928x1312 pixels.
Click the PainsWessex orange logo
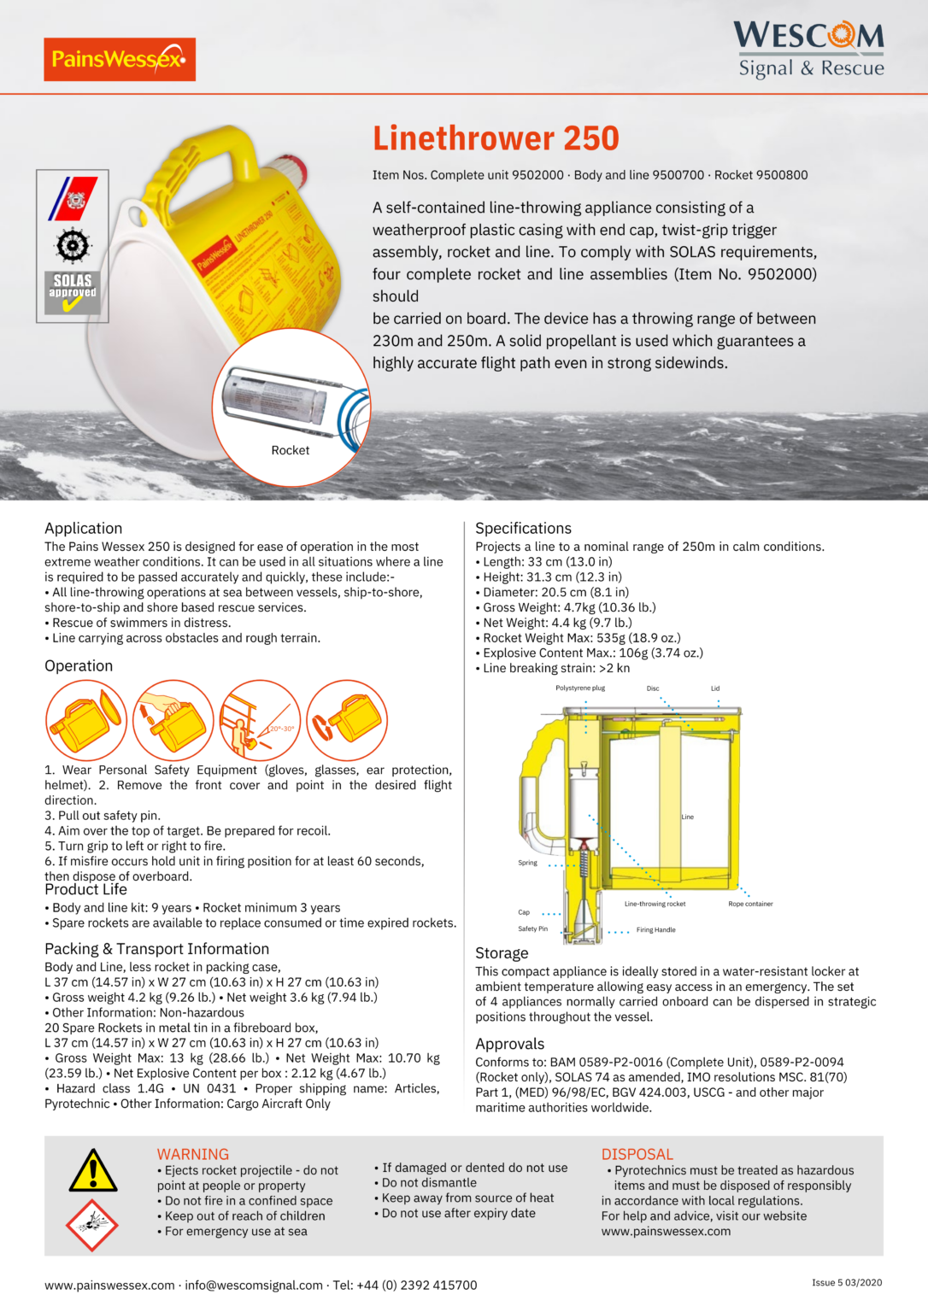pyautogui.click(x=120, y=59)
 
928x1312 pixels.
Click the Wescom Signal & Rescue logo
pyautogui.click(x=808, y=50)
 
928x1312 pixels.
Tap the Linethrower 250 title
pyautogui.click(x=496, y=138)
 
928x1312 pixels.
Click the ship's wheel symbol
pyautogui.click(x=73, y=246)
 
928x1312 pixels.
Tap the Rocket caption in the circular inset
pyautogui.click(x=291, y=450)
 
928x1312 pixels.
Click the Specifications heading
pyautogui.click(x=523, y=528)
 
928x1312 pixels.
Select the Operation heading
pyautogui.click(x=79, y=665)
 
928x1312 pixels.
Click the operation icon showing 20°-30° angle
pyautogui.click(x=260, y=720)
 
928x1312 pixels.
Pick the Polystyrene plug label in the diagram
pyautogui.click(x=579, y=688)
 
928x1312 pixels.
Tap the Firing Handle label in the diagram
pyautogui.click(x=655, y=929)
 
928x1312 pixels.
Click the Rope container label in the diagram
pyautogui.click(x=750, y=904)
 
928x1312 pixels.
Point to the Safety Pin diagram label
pyautogui.click(x=532, y=928)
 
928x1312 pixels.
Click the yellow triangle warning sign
pyautogui.click(x=92, y=1171)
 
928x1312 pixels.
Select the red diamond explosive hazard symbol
pyautogui.click(x=92, y=1224)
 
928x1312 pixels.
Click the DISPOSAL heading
pyautogui.click(x=637, y=1154)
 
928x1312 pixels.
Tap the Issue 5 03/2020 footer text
pyautogui.click(x=846, y=1282)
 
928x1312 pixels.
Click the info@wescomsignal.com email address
pyautogui.click(x=254, y=1285)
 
